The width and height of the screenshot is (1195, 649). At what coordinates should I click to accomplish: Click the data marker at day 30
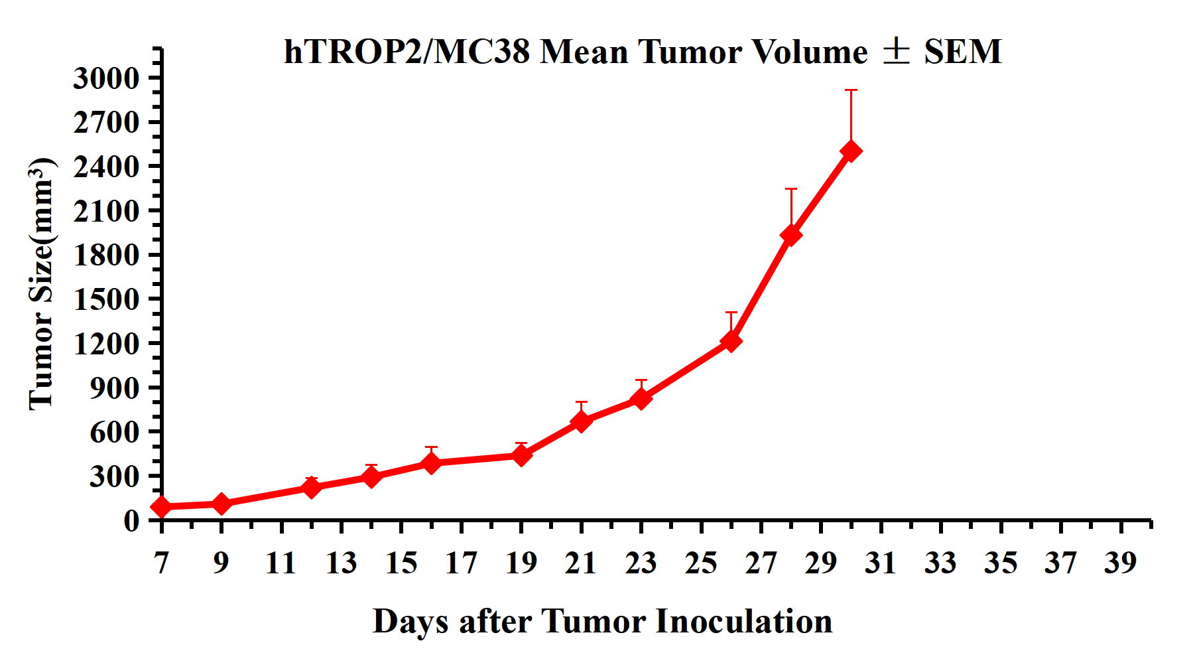point(851,151)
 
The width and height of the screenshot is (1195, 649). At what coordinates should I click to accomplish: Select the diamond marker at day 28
point(790,235)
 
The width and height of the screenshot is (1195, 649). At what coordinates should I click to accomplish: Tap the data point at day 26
point(731,341)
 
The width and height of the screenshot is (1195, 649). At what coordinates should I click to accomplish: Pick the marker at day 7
point(161,507)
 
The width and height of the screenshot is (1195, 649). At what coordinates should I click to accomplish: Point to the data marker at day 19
point(521,455)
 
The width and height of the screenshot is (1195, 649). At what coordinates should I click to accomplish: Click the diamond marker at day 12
point(311,488)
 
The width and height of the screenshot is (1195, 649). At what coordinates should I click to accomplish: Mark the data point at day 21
point(581,421)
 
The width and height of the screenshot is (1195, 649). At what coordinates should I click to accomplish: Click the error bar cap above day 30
point(851,90)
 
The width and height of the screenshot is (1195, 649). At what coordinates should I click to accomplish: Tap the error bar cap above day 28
point(790,189)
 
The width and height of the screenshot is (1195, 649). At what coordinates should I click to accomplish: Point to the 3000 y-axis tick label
point(107,78)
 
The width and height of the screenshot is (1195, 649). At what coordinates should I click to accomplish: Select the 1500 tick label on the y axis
point(107,299)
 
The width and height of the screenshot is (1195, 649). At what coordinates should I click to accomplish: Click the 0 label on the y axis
point(131,520)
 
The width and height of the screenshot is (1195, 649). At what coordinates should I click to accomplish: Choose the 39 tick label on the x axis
point(1121,563)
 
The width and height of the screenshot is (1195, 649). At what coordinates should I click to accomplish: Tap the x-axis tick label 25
point(701,563)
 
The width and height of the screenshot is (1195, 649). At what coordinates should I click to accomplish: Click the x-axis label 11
point(281,563)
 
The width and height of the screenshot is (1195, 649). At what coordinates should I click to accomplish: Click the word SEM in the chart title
point(963,52)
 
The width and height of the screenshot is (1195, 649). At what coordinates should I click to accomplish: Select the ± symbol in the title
point(896,52)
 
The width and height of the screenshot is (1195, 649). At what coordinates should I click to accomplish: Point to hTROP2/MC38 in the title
point(407,52)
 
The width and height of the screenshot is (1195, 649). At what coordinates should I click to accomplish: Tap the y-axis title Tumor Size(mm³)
point(41,284)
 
